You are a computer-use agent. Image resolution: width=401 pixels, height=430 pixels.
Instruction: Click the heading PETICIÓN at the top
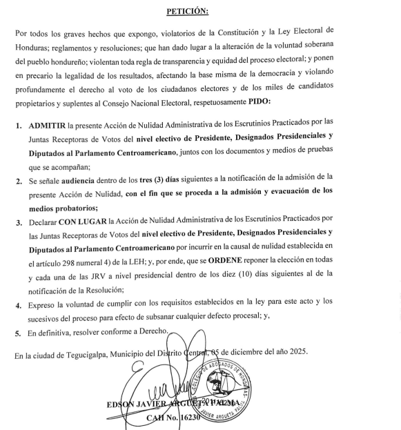(202, 12)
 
